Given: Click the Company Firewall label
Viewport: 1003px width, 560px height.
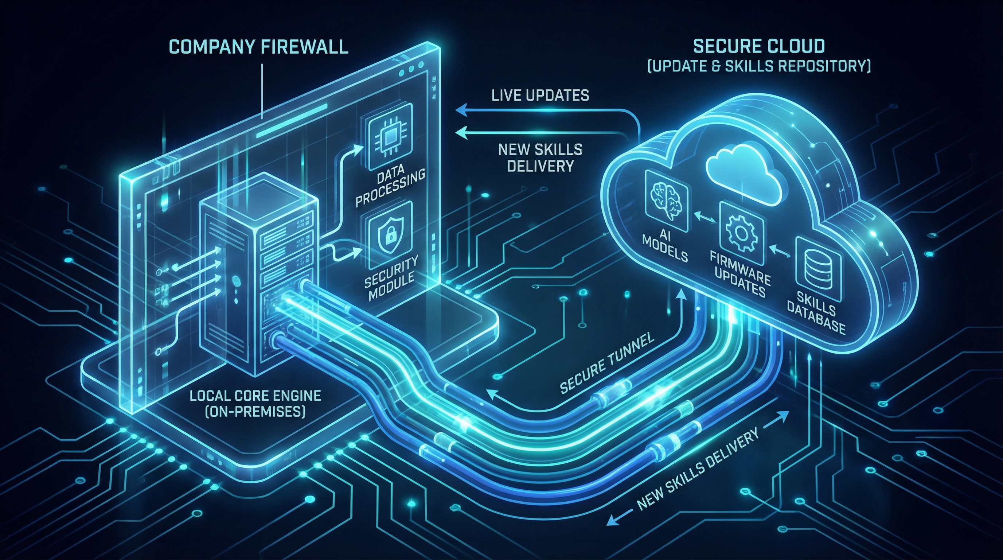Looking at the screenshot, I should point(259,47).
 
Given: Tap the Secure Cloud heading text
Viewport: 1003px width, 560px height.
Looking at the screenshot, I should point(759,46).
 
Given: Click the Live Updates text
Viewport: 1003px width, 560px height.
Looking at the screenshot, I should point(540,96).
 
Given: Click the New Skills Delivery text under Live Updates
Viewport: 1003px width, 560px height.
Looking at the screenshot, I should point(540,158).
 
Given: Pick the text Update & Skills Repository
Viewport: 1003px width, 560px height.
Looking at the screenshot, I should point(759,67).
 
